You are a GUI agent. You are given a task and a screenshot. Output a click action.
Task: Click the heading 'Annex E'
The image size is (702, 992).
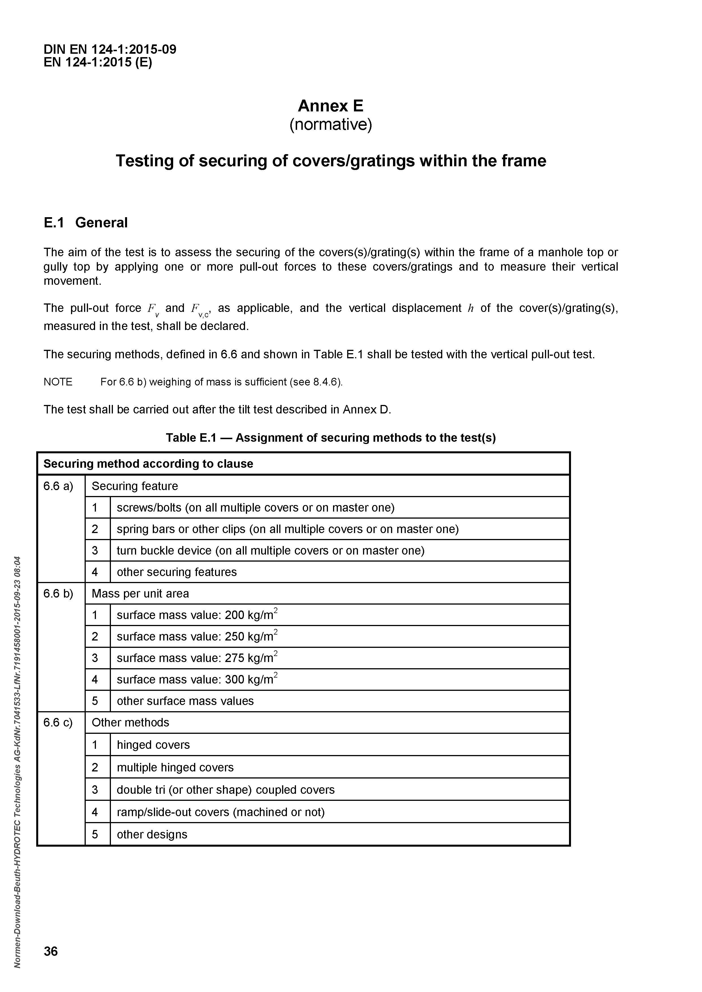pos(331,106)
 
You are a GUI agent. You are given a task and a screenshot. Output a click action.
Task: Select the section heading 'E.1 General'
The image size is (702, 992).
pos(85,223)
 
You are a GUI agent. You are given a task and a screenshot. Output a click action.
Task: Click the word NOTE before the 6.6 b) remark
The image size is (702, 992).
pos(58,382)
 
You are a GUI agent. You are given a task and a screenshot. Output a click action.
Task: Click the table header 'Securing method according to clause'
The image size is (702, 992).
pos(148,463)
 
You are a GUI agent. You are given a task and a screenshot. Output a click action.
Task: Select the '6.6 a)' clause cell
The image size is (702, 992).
pos(58,486)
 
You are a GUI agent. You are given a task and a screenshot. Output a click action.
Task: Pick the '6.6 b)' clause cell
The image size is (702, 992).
pos(58,593)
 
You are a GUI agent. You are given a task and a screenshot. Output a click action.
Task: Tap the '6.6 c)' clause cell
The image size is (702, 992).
pos(58,723)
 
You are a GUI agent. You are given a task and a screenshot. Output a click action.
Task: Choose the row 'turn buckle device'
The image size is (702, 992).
pos(271,551)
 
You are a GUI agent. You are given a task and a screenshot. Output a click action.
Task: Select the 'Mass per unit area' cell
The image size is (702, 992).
pos(140,593)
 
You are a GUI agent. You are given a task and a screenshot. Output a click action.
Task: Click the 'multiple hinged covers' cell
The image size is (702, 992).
pos(175,767)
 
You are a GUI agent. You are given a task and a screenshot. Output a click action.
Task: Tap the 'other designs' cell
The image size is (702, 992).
pos(152,834)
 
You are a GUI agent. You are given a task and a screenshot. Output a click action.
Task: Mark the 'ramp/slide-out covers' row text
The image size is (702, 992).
pos(220,812)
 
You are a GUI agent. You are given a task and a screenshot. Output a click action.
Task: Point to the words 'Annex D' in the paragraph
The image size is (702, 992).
pos(366,409)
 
